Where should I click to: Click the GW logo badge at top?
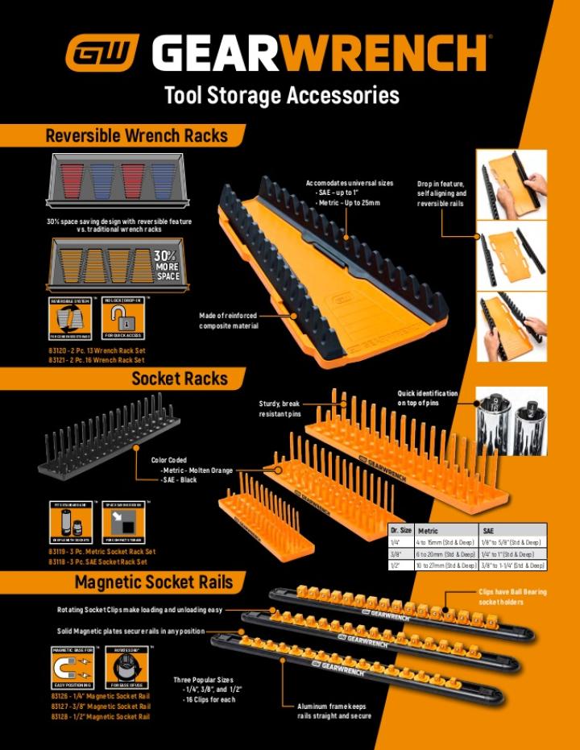tap(101, 52)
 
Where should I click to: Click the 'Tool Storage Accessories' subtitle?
tap(281, 96)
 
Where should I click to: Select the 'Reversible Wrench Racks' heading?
tap(136, 135)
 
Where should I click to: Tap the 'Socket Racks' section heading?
tap(180, 379)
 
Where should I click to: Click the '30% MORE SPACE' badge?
tap(167, 265)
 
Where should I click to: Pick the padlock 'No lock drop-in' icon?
tap(122, 317)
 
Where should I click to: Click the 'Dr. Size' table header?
tap(400, 531)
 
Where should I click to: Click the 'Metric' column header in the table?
tap(428, 531)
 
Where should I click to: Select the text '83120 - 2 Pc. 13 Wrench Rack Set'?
tap(97, 351)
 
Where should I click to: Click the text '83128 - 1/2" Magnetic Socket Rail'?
tap(101, 716)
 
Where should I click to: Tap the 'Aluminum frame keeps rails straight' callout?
tap(334, 711)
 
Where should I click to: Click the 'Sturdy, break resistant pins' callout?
tap(280, 408)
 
